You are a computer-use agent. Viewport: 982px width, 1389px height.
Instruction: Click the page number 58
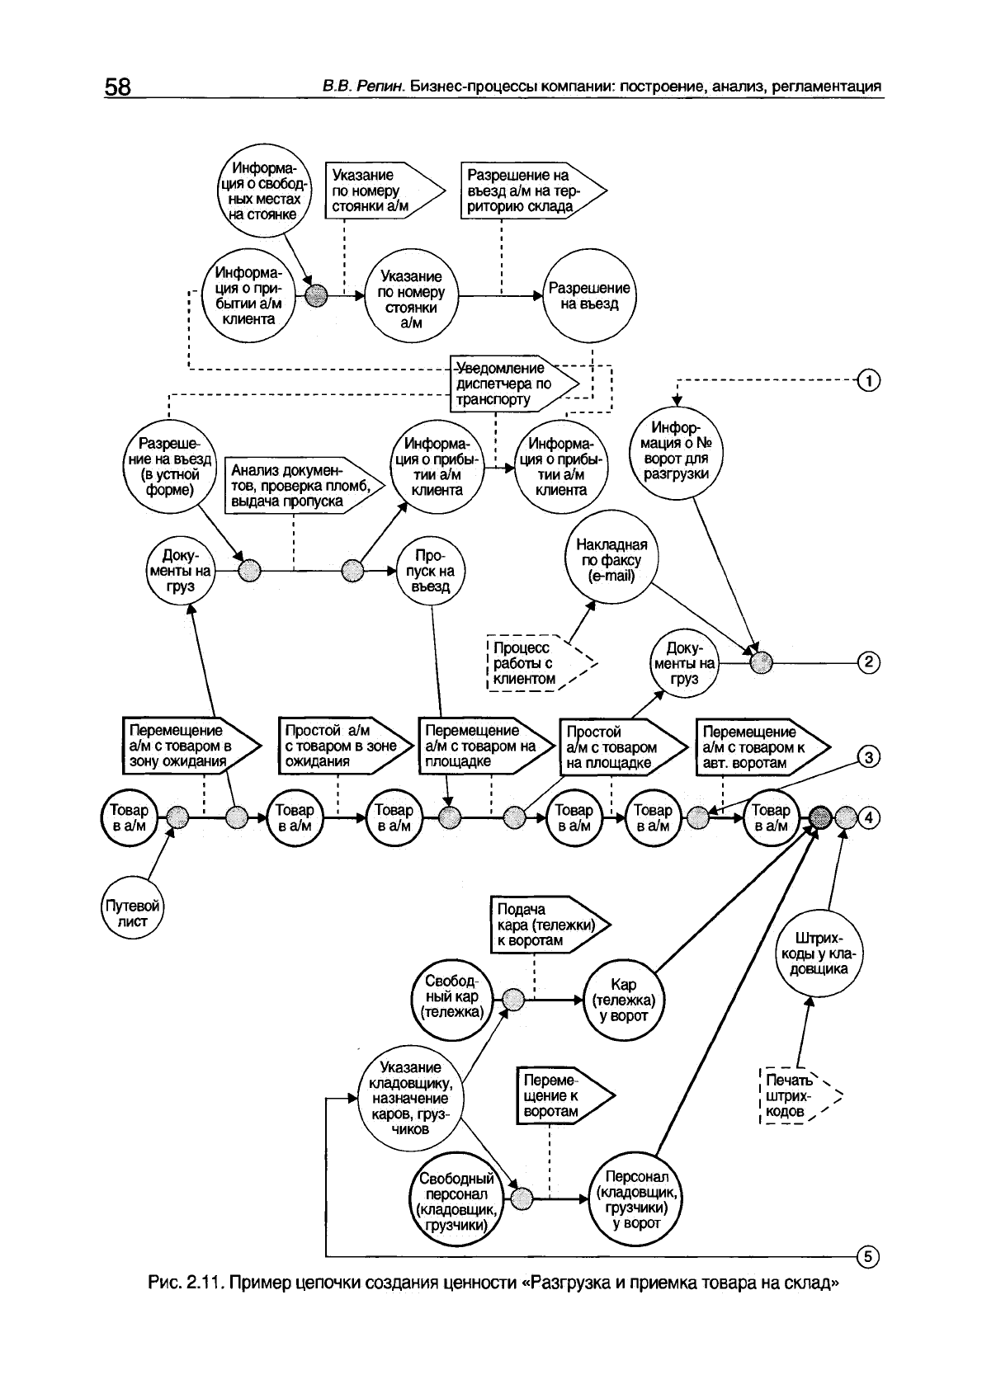pyautogui.click(x=118, y=87)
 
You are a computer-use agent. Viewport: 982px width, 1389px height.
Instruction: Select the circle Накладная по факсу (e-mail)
pyautogui.click(x=611, y=561)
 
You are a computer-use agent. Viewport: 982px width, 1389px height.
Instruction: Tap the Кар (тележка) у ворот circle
pyautogui.click(x=624, y=1000)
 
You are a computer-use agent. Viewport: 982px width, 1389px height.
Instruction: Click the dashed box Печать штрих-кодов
pyautogui.click(x=794, y=1096)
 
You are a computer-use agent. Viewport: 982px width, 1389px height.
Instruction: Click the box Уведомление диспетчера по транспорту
pyautogui.click(x=510, y=384)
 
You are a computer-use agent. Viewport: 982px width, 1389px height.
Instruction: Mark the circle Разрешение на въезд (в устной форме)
pyautogui.click(x=168, y=467)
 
